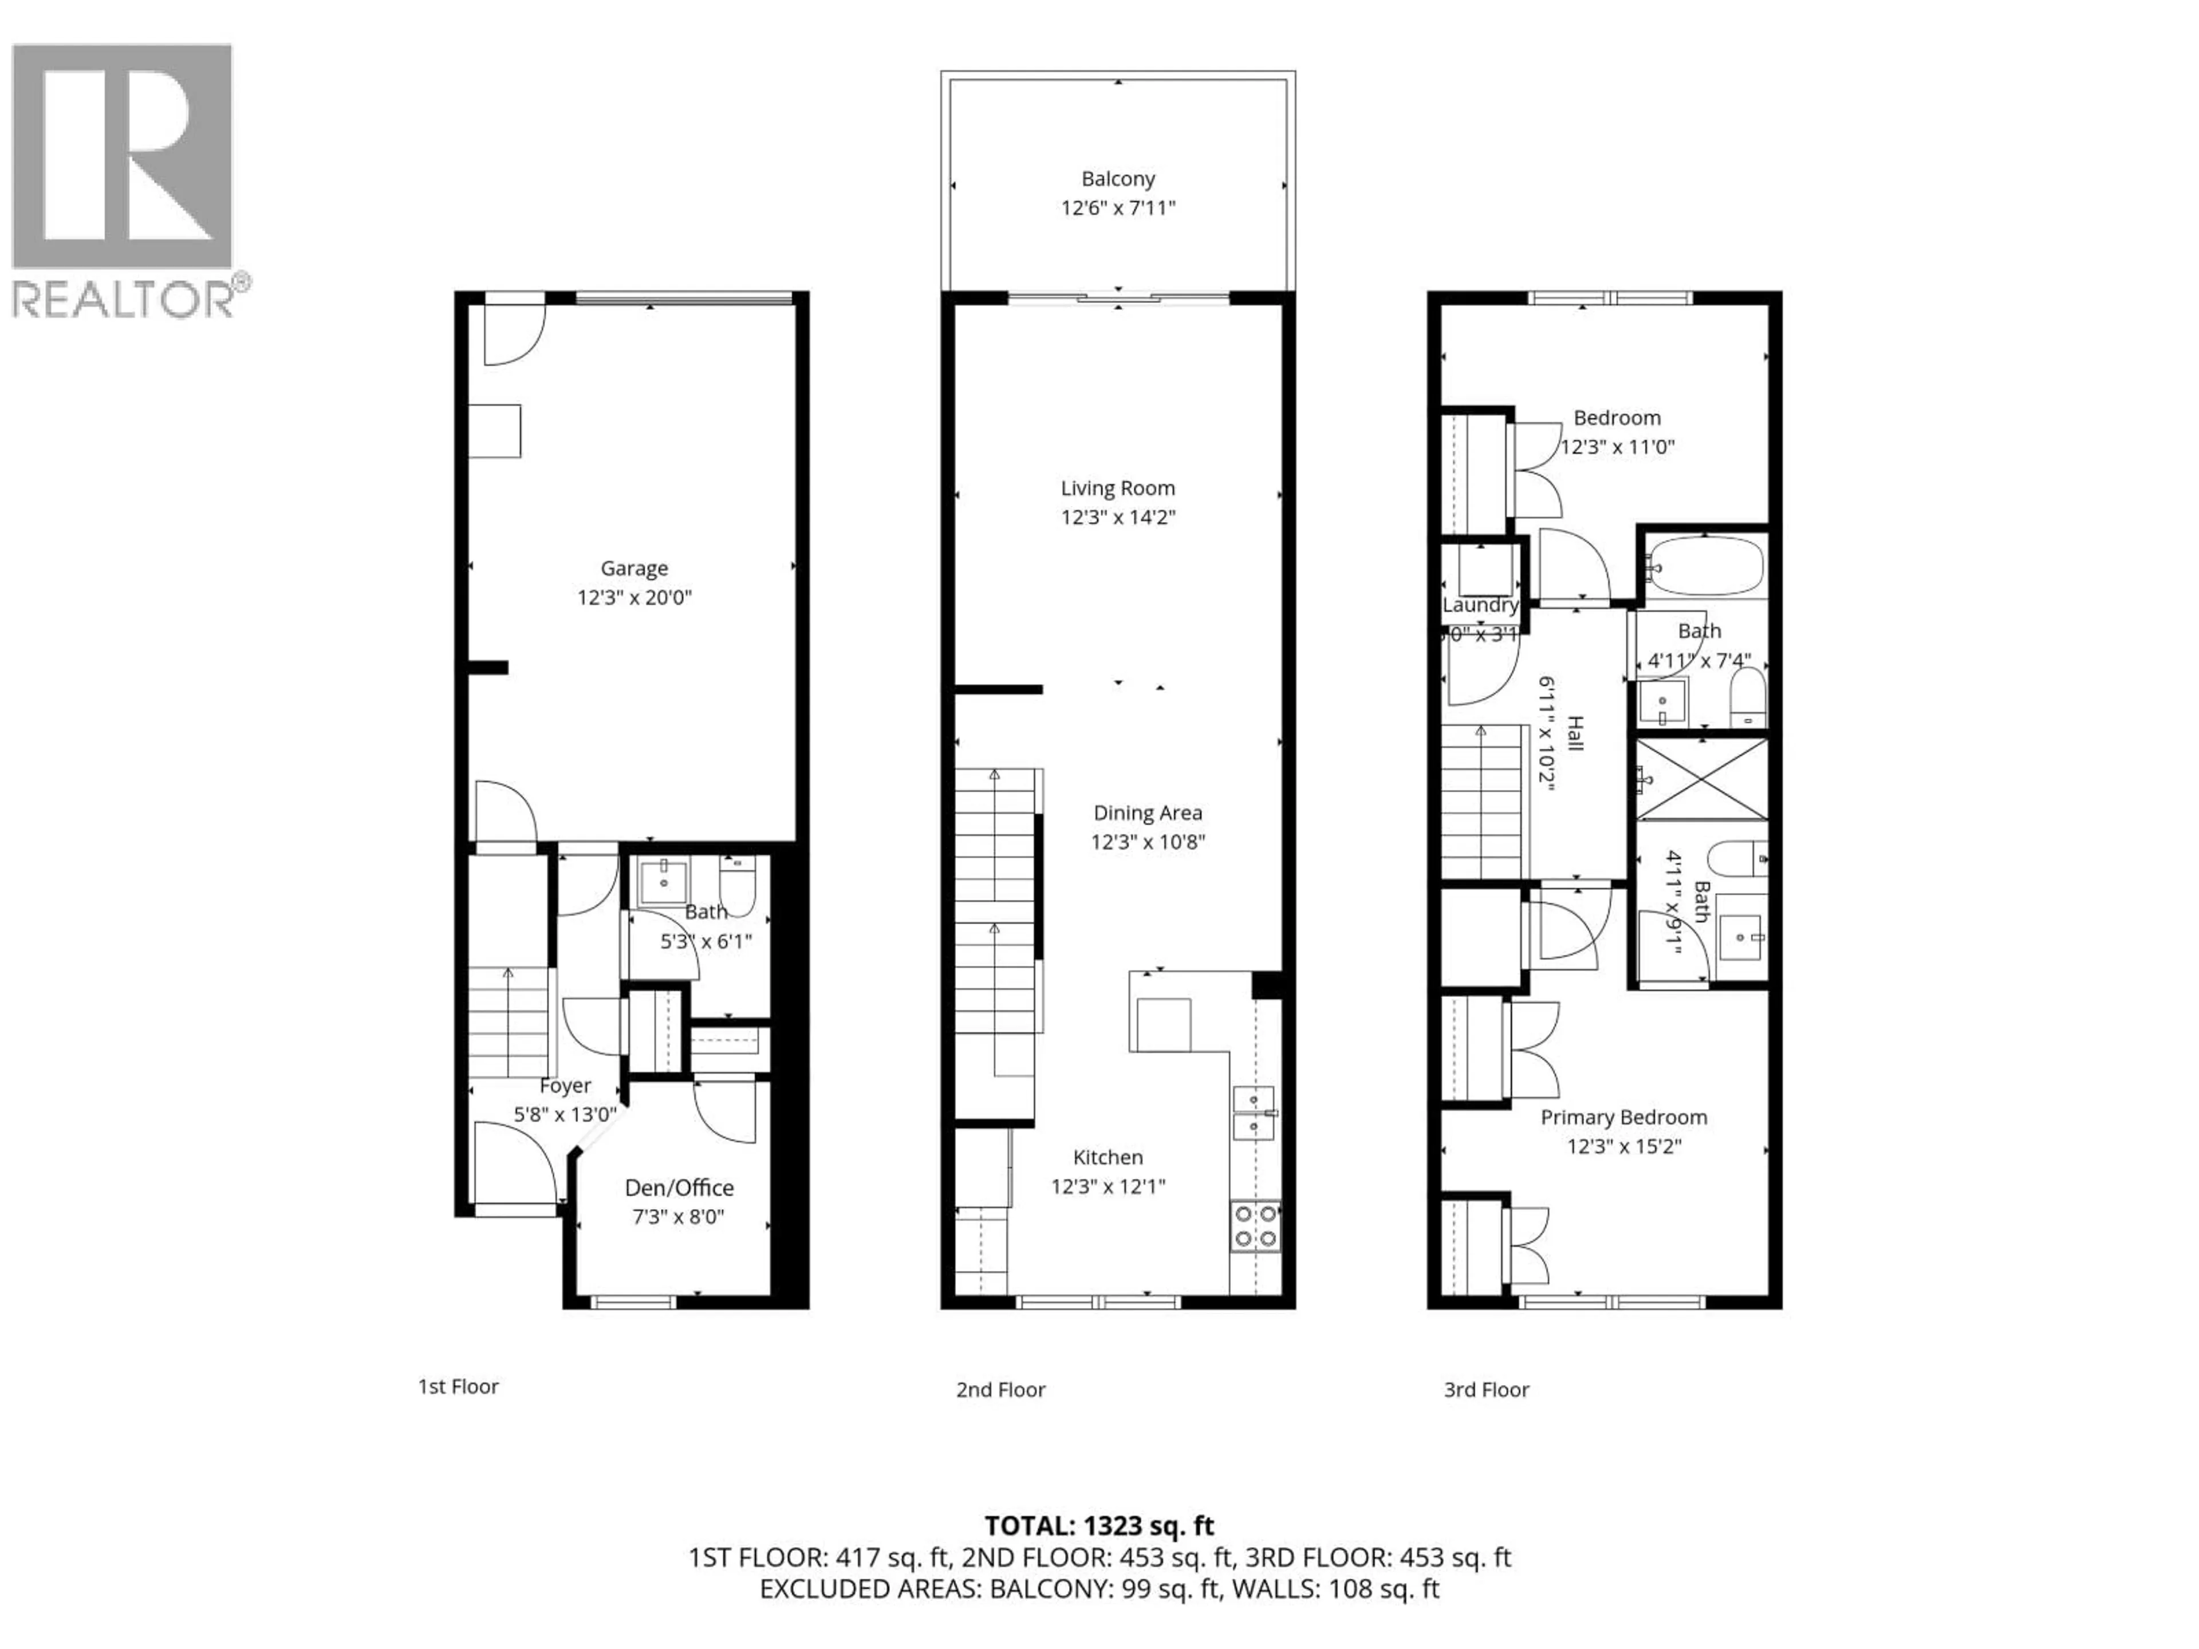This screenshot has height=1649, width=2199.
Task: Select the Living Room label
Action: click(1117, 488)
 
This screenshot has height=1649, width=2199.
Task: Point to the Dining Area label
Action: click(1147, 813)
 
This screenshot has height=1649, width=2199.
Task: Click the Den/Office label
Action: click(679, 1188)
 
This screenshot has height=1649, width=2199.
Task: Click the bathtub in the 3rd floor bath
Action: click(1704, 567)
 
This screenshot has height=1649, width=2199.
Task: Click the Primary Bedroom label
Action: click(1623, 1117)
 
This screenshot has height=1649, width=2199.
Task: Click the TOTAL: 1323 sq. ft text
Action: click(1098, 1526)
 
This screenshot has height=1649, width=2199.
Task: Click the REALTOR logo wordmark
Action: click(124, 298)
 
